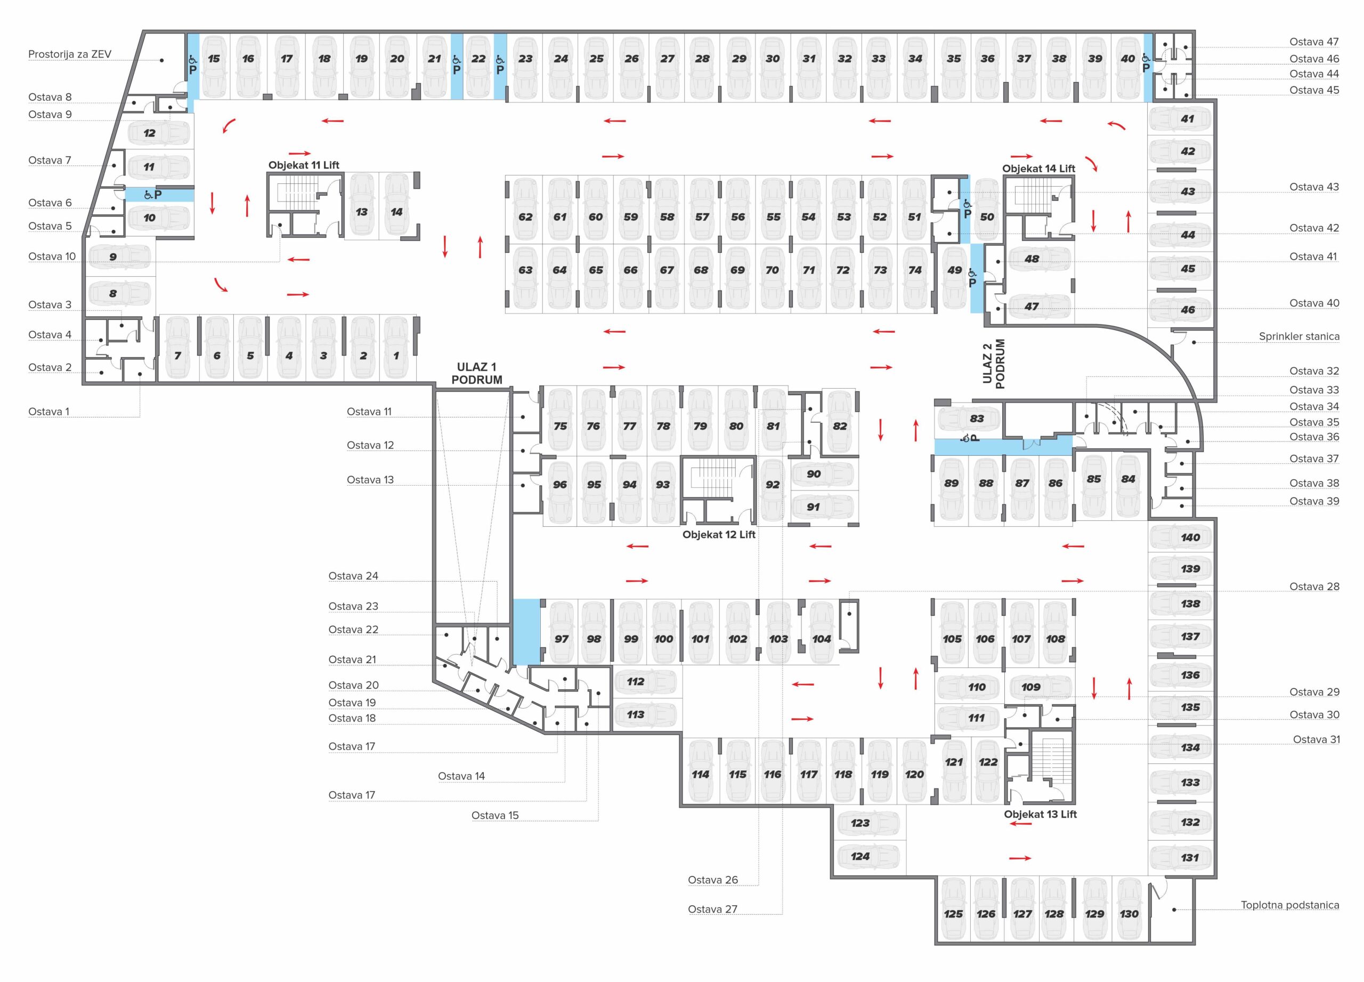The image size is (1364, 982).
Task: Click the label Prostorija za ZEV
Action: (x=70, y=54)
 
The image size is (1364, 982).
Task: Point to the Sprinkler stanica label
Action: (x=1299, y=336)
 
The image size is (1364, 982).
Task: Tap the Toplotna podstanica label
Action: (x=1290, y=905)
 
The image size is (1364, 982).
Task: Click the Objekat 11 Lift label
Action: (x=304, y=165)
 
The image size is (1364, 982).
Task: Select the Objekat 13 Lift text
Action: (x=1041, y=814)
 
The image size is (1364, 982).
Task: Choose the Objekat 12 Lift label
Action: (x=719, y=534)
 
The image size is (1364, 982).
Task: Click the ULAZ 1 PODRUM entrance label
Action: (x=477, y=373)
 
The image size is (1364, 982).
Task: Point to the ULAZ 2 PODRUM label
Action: (x=994, y=364)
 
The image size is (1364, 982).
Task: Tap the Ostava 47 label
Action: (x=1314, y=42)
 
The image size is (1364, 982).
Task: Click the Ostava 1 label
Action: (x=48, y=412)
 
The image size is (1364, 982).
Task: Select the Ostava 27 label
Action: (x=713, y=909)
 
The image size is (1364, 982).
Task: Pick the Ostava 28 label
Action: (x=1314, y=586)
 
